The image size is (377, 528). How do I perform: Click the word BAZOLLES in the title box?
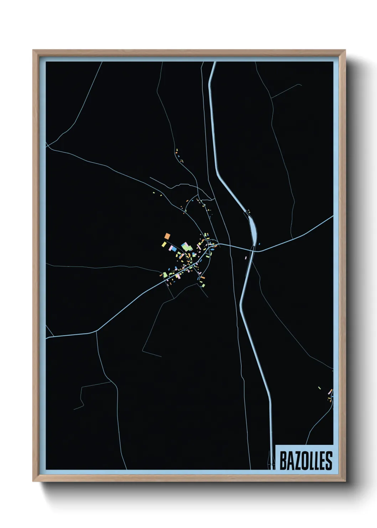[305, 461]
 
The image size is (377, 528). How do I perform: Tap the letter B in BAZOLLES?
[283, 461]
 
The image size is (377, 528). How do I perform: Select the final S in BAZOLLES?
[329, 461]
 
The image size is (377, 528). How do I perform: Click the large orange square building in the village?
[167, 236]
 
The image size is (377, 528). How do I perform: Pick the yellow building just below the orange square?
[164, 244]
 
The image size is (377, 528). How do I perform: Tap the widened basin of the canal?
[253, 228]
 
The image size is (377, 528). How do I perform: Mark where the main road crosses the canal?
[253, 250]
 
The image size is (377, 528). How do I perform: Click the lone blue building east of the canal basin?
[259, 244]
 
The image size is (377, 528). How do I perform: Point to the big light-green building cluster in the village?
[185, 246]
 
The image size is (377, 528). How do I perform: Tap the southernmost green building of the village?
[202, 284]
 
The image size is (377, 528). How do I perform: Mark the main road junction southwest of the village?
[97, 331]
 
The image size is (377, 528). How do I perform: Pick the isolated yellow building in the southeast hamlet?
[319, 388]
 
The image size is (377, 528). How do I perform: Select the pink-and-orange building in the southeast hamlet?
[330, 392]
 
